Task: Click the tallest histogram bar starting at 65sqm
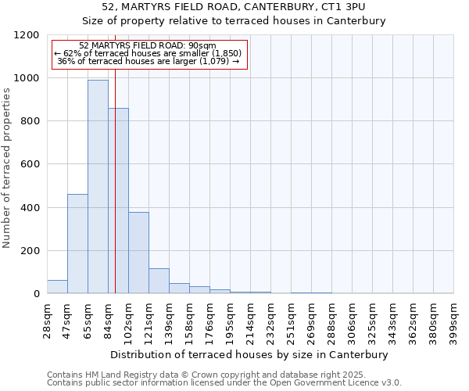click(x=98, y=188)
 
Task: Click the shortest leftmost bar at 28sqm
click(x=57, y=287)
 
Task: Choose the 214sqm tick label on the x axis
click(x=251, y=319)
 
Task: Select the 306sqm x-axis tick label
click(x=353, y=319)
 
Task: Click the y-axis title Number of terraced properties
click(x=7, y=168)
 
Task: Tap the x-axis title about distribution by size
click(x=249, y=354)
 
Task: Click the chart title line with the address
click(x=234, y=6)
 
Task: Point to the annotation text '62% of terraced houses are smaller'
click(x=149, y=53)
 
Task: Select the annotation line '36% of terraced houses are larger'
click(x=149, y=61)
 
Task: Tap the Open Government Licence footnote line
click(x=224, y=382)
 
